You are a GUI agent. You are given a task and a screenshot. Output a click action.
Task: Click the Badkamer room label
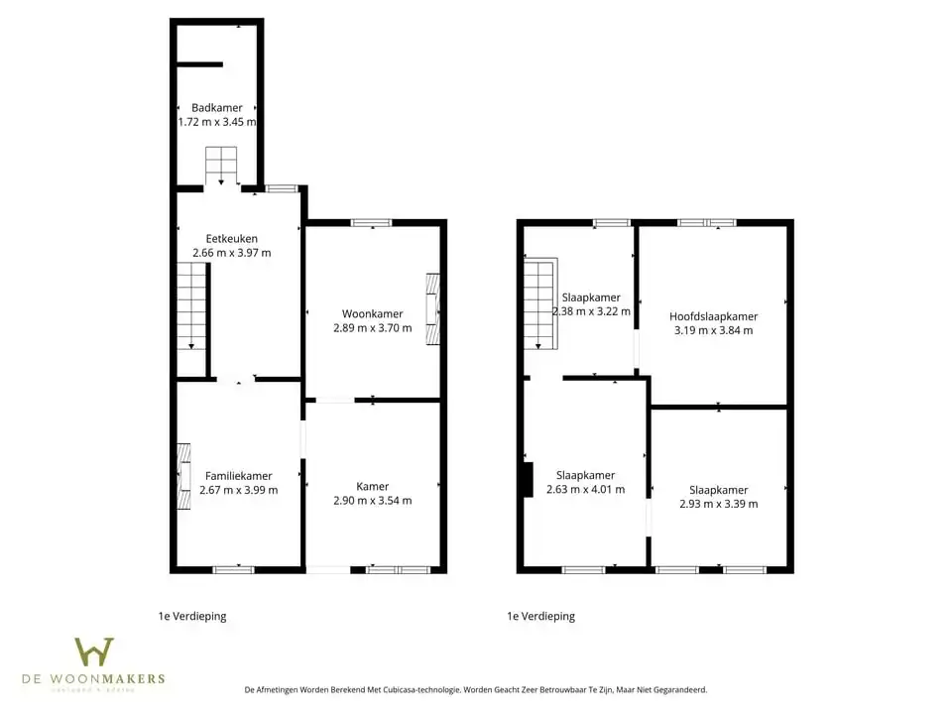[216, 108]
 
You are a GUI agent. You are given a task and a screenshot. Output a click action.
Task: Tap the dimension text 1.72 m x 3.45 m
[216, 122]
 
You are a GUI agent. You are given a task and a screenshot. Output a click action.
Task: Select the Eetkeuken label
[231, 239]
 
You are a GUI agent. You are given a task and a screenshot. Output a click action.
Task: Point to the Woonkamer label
[372, 314]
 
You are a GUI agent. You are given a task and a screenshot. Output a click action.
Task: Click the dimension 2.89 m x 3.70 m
[372, 328]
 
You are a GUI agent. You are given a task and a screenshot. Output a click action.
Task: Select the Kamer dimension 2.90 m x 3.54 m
[372, 501]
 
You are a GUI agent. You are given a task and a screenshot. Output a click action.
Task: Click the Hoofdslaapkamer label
[713, 316]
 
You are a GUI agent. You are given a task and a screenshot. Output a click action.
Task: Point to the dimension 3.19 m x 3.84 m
[713, 330]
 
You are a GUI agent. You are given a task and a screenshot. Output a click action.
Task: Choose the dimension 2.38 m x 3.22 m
[591, 311]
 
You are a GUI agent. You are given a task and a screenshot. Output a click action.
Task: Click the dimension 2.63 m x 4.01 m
[585, 489]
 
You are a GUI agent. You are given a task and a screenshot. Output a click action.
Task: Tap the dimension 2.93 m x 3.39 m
[718, 504]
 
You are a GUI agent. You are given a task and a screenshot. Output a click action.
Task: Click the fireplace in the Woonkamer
[431, 309]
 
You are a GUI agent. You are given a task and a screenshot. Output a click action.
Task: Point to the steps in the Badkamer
[221, 164]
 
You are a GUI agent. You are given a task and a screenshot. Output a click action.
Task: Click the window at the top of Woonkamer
[372, 223]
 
